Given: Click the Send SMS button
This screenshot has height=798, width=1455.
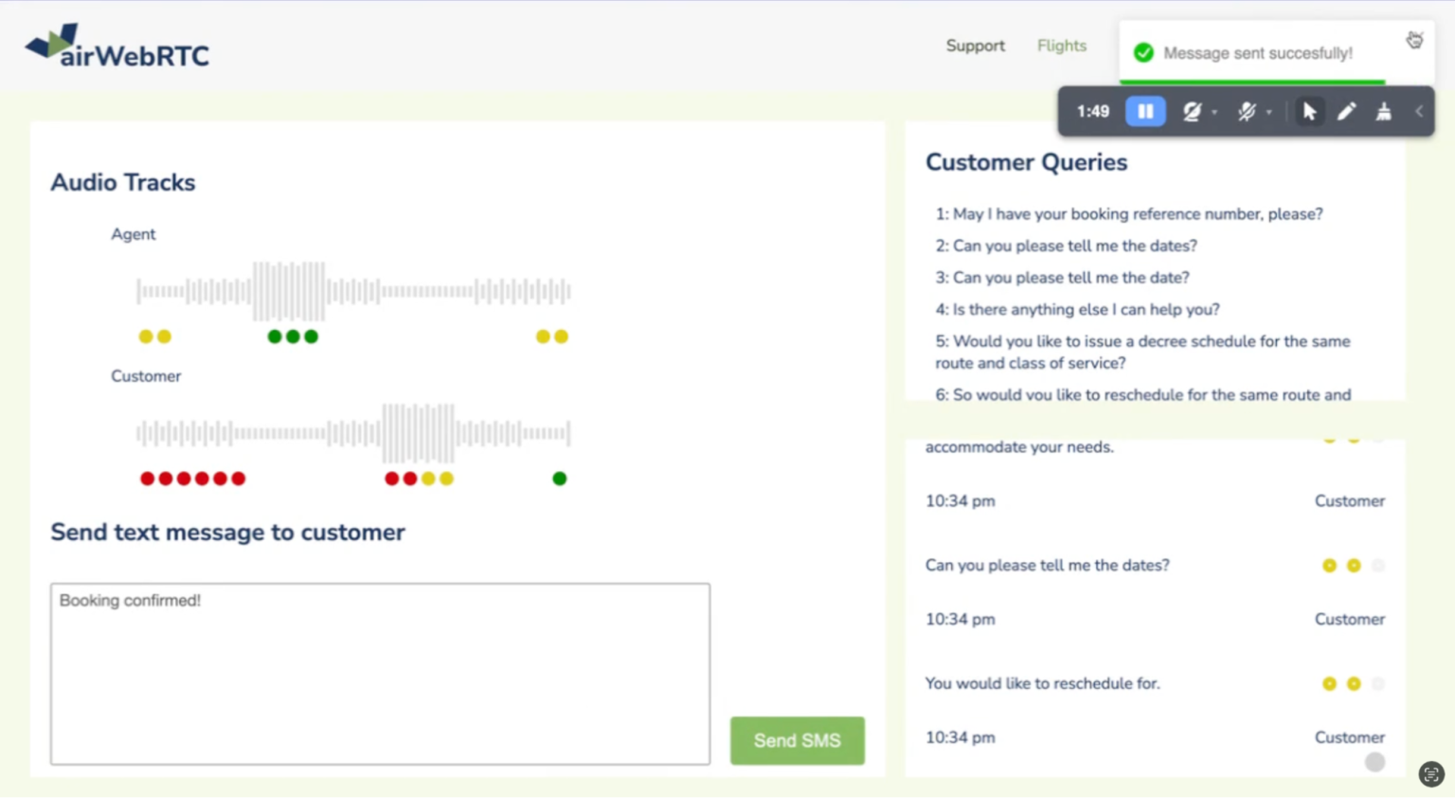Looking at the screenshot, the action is point(797,740).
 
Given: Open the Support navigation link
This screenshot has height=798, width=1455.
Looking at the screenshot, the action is point(975,46).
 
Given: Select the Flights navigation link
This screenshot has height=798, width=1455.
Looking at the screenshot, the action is point(1061,46).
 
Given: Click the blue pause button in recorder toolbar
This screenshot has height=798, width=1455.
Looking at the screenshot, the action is point(1145,111).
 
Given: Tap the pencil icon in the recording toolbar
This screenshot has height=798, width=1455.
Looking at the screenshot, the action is point(1346,111).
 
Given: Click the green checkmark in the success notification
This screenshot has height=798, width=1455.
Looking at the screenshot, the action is point(1143,53).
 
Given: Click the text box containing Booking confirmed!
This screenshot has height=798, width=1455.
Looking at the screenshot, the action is point(380,673).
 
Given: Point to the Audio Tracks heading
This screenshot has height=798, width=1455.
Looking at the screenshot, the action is point(123,183).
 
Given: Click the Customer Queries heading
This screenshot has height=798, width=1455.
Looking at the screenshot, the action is point(1026,162).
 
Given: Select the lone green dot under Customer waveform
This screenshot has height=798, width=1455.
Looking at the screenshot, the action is point(559,479).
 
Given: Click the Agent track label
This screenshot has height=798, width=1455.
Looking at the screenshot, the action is point(134,234).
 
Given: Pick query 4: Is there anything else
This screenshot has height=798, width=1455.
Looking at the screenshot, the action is point(1078,309).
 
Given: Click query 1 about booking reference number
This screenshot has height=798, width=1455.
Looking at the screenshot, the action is point(1129,214).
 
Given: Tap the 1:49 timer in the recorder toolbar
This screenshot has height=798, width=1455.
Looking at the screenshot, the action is point(1092,112).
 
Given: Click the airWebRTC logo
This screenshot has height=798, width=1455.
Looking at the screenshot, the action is point(117,46).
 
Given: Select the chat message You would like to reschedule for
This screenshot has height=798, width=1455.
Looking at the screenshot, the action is point(1043,683).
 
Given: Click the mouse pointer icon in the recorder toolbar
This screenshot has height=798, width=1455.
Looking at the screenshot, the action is point(1309,111).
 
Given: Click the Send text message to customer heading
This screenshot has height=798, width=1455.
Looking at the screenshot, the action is point(228,533).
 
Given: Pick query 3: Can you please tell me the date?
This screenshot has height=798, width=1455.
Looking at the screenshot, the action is point(1062,278).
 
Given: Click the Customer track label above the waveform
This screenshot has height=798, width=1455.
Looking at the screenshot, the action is point(146,376).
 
